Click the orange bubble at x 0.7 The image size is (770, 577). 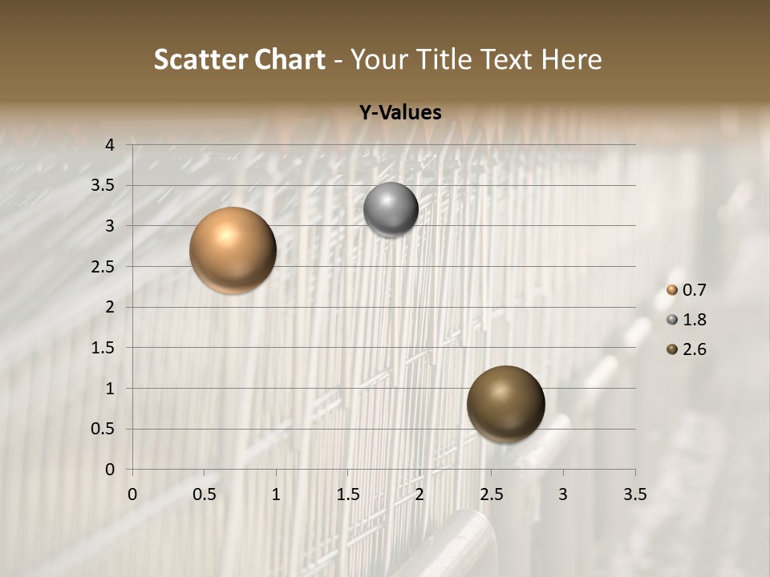tap(233, 250)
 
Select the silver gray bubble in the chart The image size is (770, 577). tap(391, 210)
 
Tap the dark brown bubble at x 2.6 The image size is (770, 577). tap(505, 405)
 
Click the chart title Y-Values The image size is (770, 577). tap(399, 112)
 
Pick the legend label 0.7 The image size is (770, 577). tap(694, 290)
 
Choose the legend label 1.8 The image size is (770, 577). tap(694, 320)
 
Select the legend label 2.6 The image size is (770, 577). tap(694, 349)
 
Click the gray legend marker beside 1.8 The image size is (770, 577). tap(672, 320)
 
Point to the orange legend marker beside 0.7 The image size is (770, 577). tap(672, 290)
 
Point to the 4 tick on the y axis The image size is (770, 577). tap(110, 145)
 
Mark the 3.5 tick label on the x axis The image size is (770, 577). tap(634, 494)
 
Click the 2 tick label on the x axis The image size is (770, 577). tap(419, 494)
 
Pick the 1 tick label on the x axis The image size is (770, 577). tap(276, 494)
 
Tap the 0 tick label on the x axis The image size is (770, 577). tap(132, 494)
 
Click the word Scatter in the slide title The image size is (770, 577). tap(200, 59)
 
